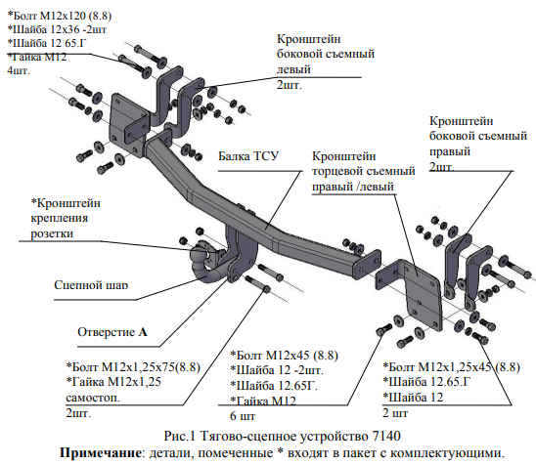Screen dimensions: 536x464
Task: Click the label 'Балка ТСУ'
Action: point(248,156)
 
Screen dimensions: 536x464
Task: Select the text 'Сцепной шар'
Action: point(91,285)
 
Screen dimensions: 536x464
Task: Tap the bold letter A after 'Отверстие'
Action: point(143,332)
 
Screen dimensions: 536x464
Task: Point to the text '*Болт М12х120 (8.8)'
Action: point(59,16)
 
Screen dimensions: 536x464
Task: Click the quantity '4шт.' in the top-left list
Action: point(19,70)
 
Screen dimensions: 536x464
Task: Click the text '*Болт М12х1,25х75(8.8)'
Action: point(133,367)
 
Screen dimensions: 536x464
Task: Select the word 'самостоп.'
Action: point(93,398)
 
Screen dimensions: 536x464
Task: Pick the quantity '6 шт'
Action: point(243,416)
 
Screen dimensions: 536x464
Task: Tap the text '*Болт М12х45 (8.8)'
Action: point(284,356)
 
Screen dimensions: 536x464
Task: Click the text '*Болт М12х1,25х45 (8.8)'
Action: point(451,367)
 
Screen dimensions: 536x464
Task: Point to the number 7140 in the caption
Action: point(385,436)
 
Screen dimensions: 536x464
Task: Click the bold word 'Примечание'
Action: point(100,453)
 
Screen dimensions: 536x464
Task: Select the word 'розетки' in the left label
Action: point(52,233)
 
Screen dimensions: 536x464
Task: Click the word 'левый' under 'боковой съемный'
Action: point(293,69)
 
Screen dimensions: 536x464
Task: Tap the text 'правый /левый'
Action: point(353,187)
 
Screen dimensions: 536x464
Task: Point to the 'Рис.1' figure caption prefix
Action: point(179,436)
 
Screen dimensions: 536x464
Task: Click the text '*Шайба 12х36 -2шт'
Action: point(57,29)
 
